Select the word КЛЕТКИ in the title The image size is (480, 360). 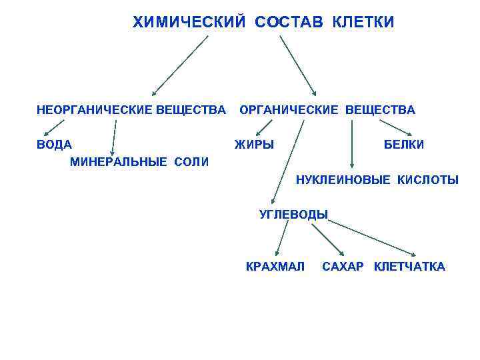tap(363, 23)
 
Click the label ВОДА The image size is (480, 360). tap(55, 145)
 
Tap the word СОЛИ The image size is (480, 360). tap(192, 162)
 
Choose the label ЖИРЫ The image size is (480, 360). tap(254, 145)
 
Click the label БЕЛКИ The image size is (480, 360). tap(403, 145)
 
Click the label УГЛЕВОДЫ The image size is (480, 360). tap(293, 214)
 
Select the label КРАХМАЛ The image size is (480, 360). tap(275, 267)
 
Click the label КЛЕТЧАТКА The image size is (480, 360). tap(409, 267)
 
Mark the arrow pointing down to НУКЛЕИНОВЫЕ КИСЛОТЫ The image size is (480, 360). tap(352, 144)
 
